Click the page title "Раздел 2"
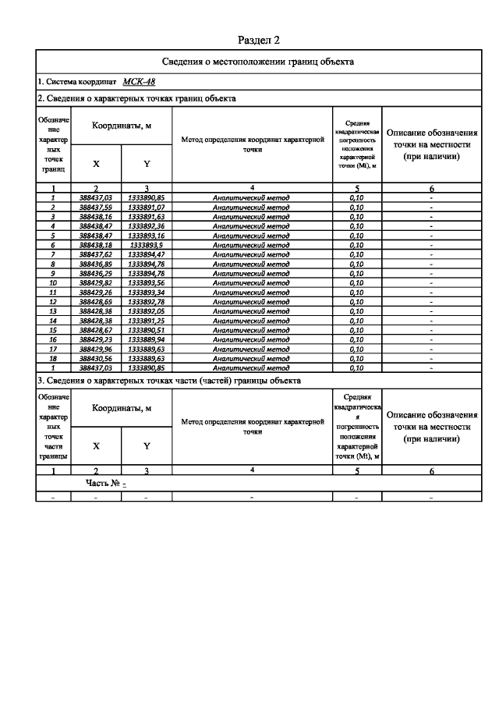pyautogui.click(x=257, y=39)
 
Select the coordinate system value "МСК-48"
pyautogui.click(x=139, y=81)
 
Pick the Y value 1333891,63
pyautogui.click(x=147, y=217)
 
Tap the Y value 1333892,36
pyautogui.click(x=147, y=226)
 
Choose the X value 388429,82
pyautogui.click(x=96, y=282)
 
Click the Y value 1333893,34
pyautogui.click(x=147, y=292)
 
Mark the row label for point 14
pyautogui.click(x=53, y=321)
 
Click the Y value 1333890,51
pyautogui.click(x=147, y=330)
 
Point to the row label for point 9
pyautogui.click(x=53, y=273)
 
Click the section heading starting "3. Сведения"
pyautogui.click(x=168, y=381)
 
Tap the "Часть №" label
pyautogui.click(x=102, y=484)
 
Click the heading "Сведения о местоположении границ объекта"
pyautogui.click(x=257, y=62)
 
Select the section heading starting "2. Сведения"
pyautogui.click(x=136, y=99)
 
